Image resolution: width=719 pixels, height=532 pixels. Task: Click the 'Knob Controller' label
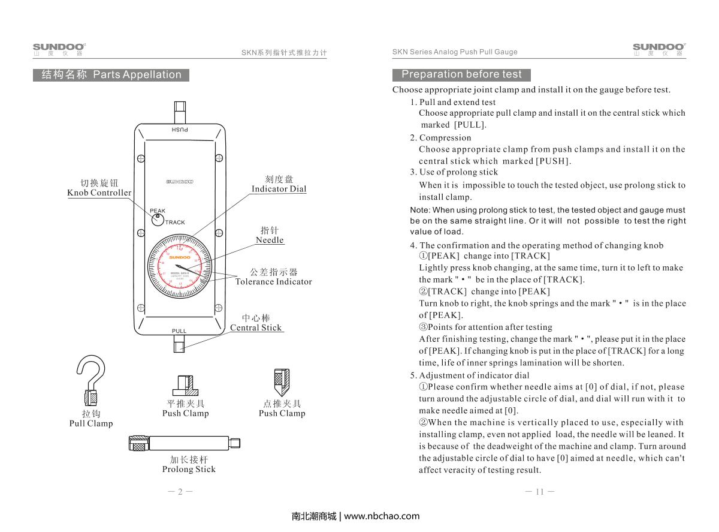point(99,193)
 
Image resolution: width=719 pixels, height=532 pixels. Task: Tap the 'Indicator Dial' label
point(279,189)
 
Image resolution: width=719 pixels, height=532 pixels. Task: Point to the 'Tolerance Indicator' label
point(273,281)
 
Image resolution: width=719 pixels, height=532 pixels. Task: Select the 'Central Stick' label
point(256,327)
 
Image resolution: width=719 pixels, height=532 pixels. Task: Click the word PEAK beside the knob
point(158,211)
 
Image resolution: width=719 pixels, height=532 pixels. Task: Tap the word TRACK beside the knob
point(175,223)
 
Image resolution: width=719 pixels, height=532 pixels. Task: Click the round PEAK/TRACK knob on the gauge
point(158,220)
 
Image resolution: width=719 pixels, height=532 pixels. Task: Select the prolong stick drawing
point(185,444)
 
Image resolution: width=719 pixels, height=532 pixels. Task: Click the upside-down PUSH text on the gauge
point(180,130)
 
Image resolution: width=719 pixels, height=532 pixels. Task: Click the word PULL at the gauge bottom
point(179,331)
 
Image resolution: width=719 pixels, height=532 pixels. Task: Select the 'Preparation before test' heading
point(461,74)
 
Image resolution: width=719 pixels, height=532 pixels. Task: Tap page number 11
point(539,492)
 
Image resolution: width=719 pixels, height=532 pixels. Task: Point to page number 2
point(180,492)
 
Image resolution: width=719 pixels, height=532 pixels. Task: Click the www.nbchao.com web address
point(382,516)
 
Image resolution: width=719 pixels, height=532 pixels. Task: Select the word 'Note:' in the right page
point(420,210)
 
